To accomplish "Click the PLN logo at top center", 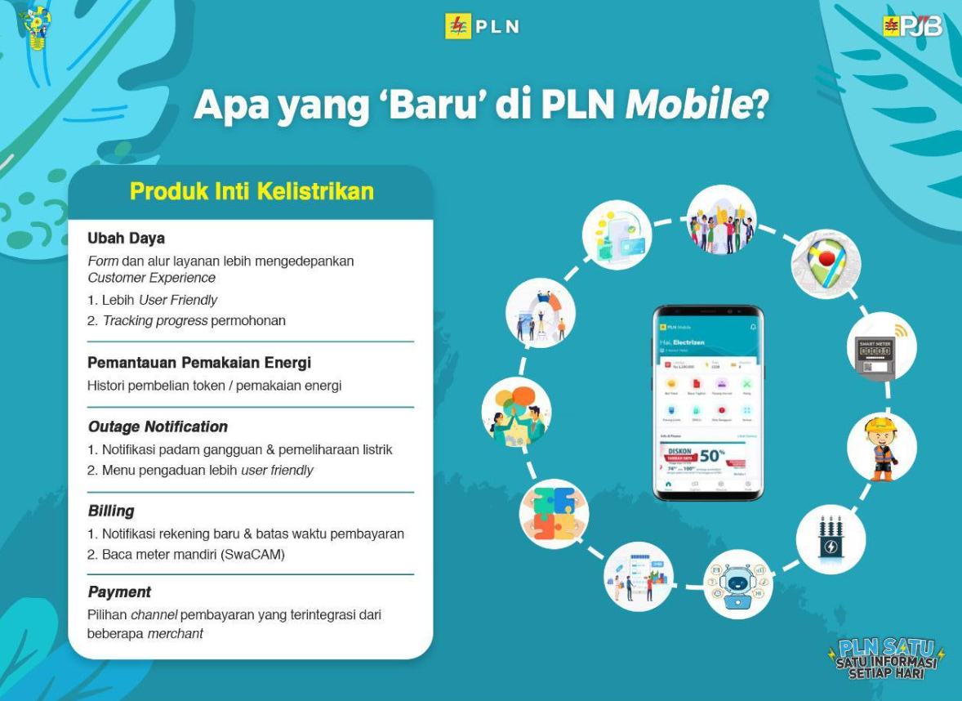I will click(482, 26).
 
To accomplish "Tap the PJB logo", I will click(912, 26).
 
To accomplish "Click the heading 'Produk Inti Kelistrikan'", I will click(252, 191).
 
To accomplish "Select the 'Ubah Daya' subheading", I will click(126, 239).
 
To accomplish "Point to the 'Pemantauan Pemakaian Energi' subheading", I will click(199, 363).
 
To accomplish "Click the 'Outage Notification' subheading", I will click(158, 426).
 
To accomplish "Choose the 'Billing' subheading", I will click(111, 511).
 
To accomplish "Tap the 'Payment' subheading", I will click(119, 592).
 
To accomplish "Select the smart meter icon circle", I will click(881, 347).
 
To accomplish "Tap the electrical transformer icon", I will click(831, 538).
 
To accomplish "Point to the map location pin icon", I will click(826, 264).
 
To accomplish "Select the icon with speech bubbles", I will click(516, 412).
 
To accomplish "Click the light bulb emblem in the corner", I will click(36, 29).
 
